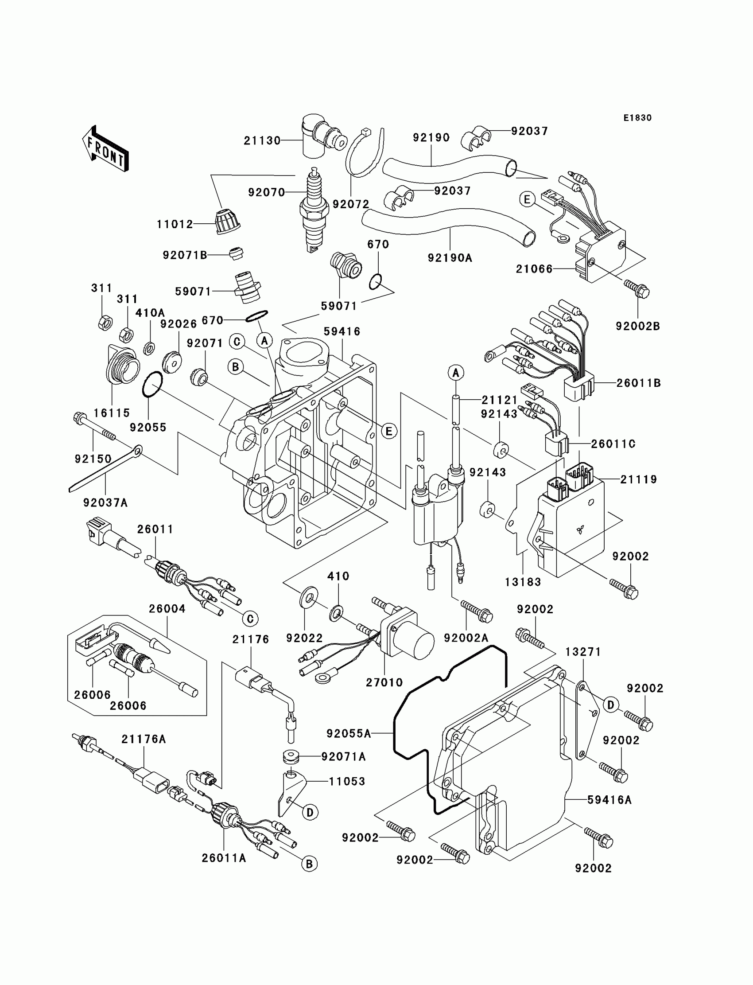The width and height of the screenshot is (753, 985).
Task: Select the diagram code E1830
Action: (637, 118)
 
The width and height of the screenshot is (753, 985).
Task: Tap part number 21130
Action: (262, 141)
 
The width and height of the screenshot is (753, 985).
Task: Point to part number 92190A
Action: (450, 258)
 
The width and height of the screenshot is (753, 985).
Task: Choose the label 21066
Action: (534, 269)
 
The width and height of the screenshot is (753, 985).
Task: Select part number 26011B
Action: (639, 383)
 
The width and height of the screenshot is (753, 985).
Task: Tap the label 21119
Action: (639, 480)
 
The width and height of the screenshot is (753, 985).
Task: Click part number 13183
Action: (523, 582)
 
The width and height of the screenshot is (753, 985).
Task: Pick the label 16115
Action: (112, 413)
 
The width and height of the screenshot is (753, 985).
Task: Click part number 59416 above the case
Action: (342, 331)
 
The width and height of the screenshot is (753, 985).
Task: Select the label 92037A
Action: (106, 503)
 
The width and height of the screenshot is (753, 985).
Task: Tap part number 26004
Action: (167, 609)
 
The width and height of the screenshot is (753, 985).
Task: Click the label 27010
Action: (384, 682)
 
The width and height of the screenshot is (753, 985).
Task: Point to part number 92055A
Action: (349, 734)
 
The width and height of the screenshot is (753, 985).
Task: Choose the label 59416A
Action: (609, 800)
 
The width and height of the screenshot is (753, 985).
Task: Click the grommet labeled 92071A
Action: (291, 757)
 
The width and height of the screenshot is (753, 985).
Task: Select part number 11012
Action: (175, 224)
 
